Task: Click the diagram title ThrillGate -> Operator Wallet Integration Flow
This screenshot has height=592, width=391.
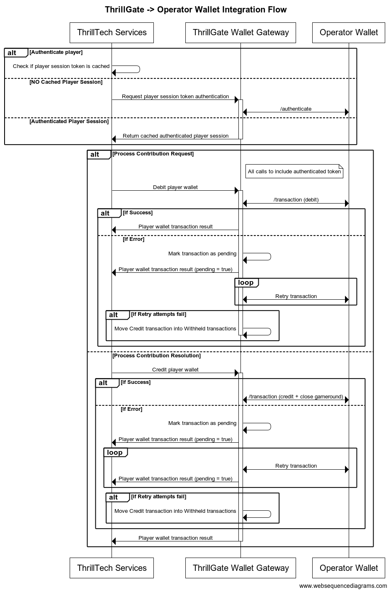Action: tap(195, 10)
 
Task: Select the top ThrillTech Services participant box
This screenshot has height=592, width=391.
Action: tap(112, 32)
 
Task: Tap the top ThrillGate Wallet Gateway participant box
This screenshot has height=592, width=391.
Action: tap(240, 32)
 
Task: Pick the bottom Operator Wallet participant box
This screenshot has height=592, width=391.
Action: tap(349, 568)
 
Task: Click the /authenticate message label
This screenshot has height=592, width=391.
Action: tap(296, 109)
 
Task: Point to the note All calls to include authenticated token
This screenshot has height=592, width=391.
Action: tap(294, 171)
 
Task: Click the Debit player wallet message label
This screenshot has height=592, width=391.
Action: tap(175, 187)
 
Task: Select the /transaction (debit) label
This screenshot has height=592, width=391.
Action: tap(296, 200)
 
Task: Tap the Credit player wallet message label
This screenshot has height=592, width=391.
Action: tap(175, 370)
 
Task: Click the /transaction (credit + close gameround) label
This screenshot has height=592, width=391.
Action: tap(296, 397)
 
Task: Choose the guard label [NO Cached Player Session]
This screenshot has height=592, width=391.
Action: tap(66, 82)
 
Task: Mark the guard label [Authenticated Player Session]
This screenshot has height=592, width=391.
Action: tap(69, 121)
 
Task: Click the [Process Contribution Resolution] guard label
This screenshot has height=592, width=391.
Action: tap(157, 356)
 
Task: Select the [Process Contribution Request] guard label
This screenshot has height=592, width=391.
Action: tap(153, 154)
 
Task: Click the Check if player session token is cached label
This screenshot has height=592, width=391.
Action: tap(61, 66)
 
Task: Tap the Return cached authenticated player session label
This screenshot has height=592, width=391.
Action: tap(175, 136)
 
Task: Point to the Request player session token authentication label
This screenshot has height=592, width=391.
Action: tap(175, 97)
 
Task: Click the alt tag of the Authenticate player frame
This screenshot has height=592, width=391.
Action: tap(12, 53)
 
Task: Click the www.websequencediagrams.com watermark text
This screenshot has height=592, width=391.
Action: tap(342, 586)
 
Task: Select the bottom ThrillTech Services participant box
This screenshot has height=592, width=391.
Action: tap(112, 568)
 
